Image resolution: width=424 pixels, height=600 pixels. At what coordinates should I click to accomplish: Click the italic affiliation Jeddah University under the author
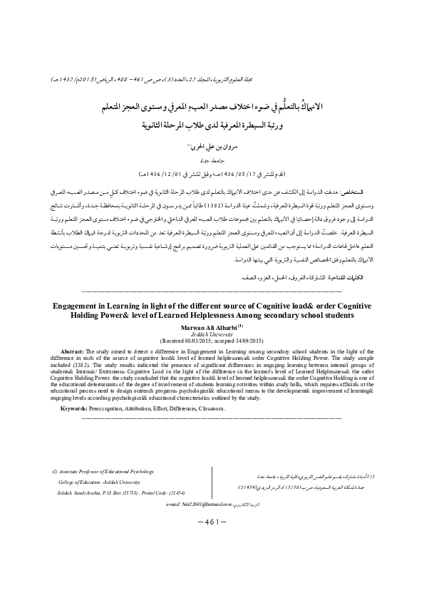212,333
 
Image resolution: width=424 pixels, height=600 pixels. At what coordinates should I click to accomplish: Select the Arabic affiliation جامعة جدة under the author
212,161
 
